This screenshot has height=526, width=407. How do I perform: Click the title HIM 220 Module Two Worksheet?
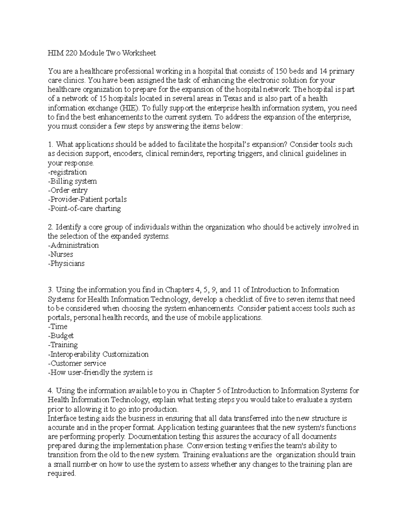102,53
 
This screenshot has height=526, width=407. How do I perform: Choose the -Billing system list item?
72,181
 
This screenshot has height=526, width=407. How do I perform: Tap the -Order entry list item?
68,190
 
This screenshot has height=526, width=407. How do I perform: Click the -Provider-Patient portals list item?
87,199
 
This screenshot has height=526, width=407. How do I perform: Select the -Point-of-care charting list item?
84,209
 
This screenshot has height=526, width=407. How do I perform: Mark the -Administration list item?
73,245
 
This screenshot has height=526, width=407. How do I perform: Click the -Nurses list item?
60,254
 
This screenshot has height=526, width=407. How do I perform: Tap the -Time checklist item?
58,327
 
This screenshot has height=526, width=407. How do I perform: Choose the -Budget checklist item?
61,336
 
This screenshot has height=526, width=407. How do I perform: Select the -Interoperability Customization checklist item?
98,354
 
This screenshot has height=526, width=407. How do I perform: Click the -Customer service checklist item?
77,363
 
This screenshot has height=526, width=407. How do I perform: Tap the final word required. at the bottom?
62,474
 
